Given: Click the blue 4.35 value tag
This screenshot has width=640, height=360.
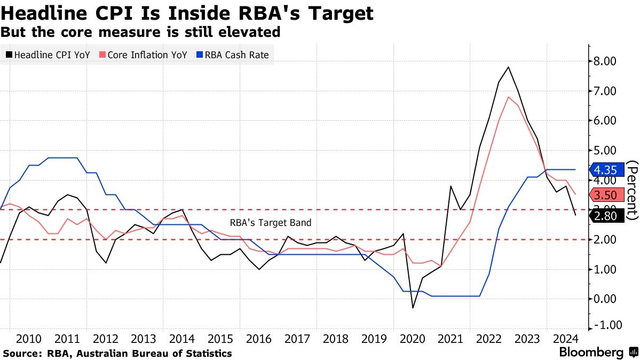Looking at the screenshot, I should point(606,170).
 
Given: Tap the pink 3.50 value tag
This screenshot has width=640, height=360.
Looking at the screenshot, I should point(606,194).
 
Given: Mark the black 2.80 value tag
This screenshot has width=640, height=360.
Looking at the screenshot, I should point(606,215).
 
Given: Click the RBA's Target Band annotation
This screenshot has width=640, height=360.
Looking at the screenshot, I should point(270,223).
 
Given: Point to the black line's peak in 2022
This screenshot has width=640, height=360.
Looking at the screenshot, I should point(508,67).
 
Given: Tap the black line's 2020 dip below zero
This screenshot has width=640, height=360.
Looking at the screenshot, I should point(413,308).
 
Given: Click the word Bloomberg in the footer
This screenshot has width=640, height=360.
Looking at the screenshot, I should point(591,352).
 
